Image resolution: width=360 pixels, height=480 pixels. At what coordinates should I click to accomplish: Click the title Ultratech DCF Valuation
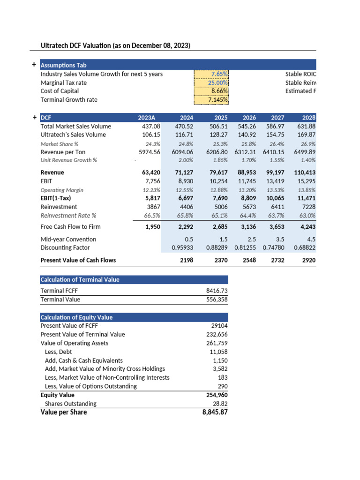coord(115,45)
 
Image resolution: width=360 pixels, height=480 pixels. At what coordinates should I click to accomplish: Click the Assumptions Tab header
coord(63,65)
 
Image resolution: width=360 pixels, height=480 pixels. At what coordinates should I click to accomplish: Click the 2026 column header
coord(250,118)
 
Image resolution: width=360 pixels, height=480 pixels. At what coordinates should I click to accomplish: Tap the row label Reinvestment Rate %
coord(68,215)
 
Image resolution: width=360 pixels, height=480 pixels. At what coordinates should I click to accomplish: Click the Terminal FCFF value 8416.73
coord(217,291)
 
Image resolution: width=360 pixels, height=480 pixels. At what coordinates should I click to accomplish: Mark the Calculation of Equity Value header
coord(76,317)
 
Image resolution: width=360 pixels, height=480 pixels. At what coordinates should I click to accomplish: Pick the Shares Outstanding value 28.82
coord(220,403)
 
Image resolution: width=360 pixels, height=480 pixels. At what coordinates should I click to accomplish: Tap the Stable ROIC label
coord(300,74)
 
